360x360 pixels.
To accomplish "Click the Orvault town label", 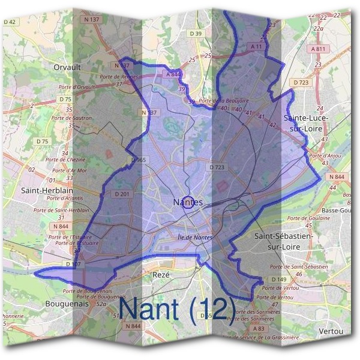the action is [67, 67].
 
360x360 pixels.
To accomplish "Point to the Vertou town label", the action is [331, 331].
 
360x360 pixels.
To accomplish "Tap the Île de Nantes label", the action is [196, 238].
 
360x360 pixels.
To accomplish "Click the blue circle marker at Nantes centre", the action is [187, 202].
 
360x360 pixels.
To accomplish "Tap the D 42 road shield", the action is [11, 22].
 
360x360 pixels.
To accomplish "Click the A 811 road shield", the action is [320, 49].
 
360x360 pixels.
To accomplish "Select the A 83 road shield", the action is [259, 329].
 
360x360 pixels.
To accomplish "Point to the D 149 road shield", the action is [279, 280].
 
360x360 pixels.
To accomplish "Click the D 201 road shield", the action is [122, 194].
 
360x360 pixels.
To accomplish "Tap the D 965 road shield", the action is [139, 160].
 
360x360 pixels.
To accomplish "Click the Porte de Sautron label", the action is [76, 118].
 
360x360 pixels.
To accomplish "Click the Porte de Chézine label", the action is [65, 160].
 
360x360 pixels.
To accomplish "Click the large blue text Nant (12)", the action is [177, 308].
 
